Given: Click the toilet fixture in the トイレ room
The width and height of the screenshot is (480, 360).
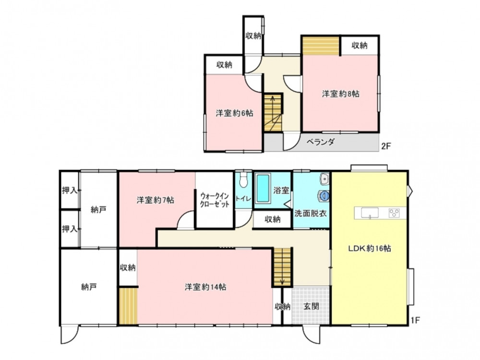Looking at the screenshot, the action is pyautogui.click(x=244, y=180).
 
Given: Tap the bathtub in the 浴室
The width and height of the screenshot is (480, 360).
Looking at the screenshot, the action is pyautogui.click(x=263, y=188).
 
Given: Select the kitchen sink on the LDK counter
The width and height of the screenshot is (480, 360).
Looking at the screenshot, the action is pyautogui.click(x=370, y=213).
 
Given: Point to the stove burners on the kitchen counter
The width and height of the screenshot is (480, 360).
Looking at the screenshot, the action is pyautogui.click(x=394, y=213).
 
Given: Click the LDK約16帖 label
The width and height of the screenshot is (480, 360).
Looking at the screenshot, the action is pyautogui.click(x=370, y=248).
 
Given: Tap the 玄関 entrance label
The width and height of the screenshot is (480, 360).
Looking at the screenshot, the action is pyautogui.click(x=311, y=306).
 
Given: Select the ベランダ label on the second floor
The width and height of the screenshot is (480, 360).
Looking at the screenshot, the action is pyautogui.click(x=321, y=142).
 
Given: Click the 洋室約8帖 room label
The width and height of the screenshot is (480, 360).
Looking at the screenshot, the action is pyautogui.click(x=340, y=94).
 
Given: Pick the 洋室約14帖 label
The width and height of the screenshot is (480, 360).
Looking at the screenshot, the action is pyautogui.click(x=205, y=287).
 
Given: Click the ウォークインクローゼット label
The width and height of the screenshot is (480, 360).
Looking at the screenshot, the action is pyautogui.click(x=215, y=200).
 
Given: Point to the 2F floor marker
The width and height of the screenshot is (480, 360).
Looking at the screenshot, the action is pyautogui.click(x=386, y=146).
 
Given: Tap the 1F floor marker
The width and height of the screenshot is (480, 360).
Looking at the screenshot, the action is pyautogui.click(x=415, y=321).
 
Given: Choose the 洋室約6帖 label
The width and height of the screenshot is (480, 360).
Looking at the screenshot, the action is pyautogui.click(x=234, y=113).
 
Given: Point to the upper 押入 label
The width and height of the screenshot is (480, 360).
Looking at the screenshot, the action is pyautogui.click(x=70, y=191).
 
